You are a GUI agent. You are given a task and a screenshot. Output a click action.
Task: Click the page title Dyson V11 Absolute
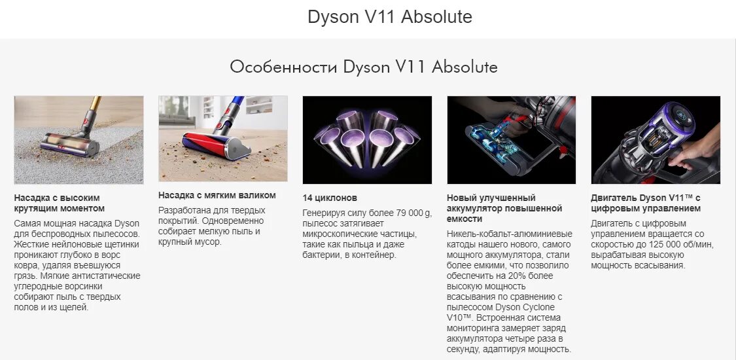(390, 17)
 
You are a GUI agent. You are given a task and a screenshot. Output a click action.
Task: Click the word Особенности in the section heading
(283, 67)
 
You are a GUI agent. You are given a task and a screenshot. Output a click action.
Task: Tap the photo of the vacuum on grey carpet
(79, 139)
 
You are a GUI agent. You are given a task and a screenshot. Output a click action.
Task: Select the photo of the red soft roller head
(222, 139)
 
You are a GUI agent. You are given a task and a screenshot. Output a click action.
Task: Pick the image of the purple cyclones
(367, 139)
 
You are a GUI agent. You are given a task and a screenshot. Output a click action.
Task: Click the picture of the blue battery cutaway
(511, 139)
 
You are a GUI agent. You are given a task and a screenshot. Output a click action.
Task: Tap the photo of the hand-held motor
(656, 139)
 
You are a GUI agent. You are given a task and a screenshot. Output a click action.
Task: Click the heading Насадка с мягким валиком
(217, 195)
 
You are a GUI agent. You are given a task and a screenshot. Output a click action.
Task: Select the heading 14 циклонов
(330, 198)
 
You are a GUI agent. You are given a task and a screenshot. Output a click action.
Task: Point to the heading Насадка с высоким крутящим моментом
(59, 203)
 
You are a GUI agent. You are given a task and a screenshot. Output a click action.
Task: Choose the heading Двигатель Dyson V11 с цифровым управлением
(645, 203)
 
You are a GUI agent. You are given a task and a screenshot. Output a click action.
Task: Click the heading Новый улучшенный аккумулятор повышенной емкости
(504, 208)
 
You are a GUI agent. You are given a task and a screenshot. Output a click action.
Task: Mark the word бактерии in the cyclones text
(323, 255)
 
